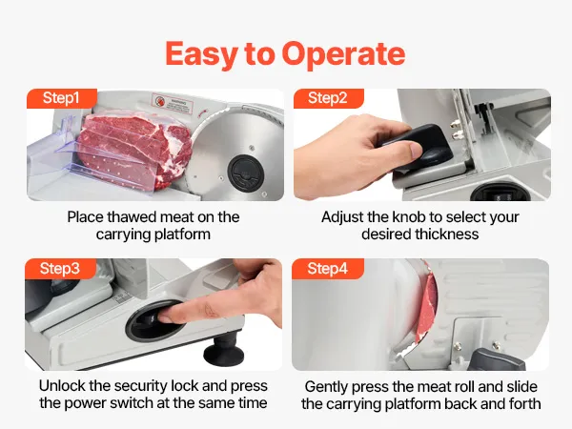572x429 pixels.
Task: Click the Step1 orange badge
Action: pyautogui.click(x=62, y=98)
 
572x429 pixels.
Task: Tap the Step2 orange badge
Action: pyautogui.click(x=328, y=98)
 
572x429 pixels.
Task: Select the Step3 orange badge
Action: pyautogui.click(x=60, y=269)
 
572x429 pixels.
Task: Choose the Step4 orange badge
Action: pyautogui.click(x=328, y=269)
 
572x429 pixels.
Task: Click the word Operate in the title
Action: pyautogui.click(x=343, y=54)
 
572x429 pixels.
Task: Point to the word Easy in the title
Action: pyautogui.click(x=201, y=54)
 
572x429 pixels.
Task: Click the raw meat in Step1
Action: pyautogui.click(x=134, y=152)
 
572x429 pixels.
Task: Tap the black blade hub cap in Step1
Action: pyautogui.click(x=246, y=173)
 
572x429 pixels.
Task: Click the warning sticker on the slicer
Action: pyautogui.click(x=173, y=104)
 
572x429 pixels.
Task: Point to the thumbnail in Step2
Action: pyautogui.click(x=416, y=151)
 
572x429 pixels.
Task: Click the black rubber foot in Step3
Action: pyautogui.click(x=224, y=350)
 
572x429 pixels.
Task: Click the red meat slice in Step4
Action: pyautogui.click(x=427, y=306)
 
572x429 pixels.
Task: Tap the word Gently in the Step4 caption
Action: pyautogui.click(x=326, y=387)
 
